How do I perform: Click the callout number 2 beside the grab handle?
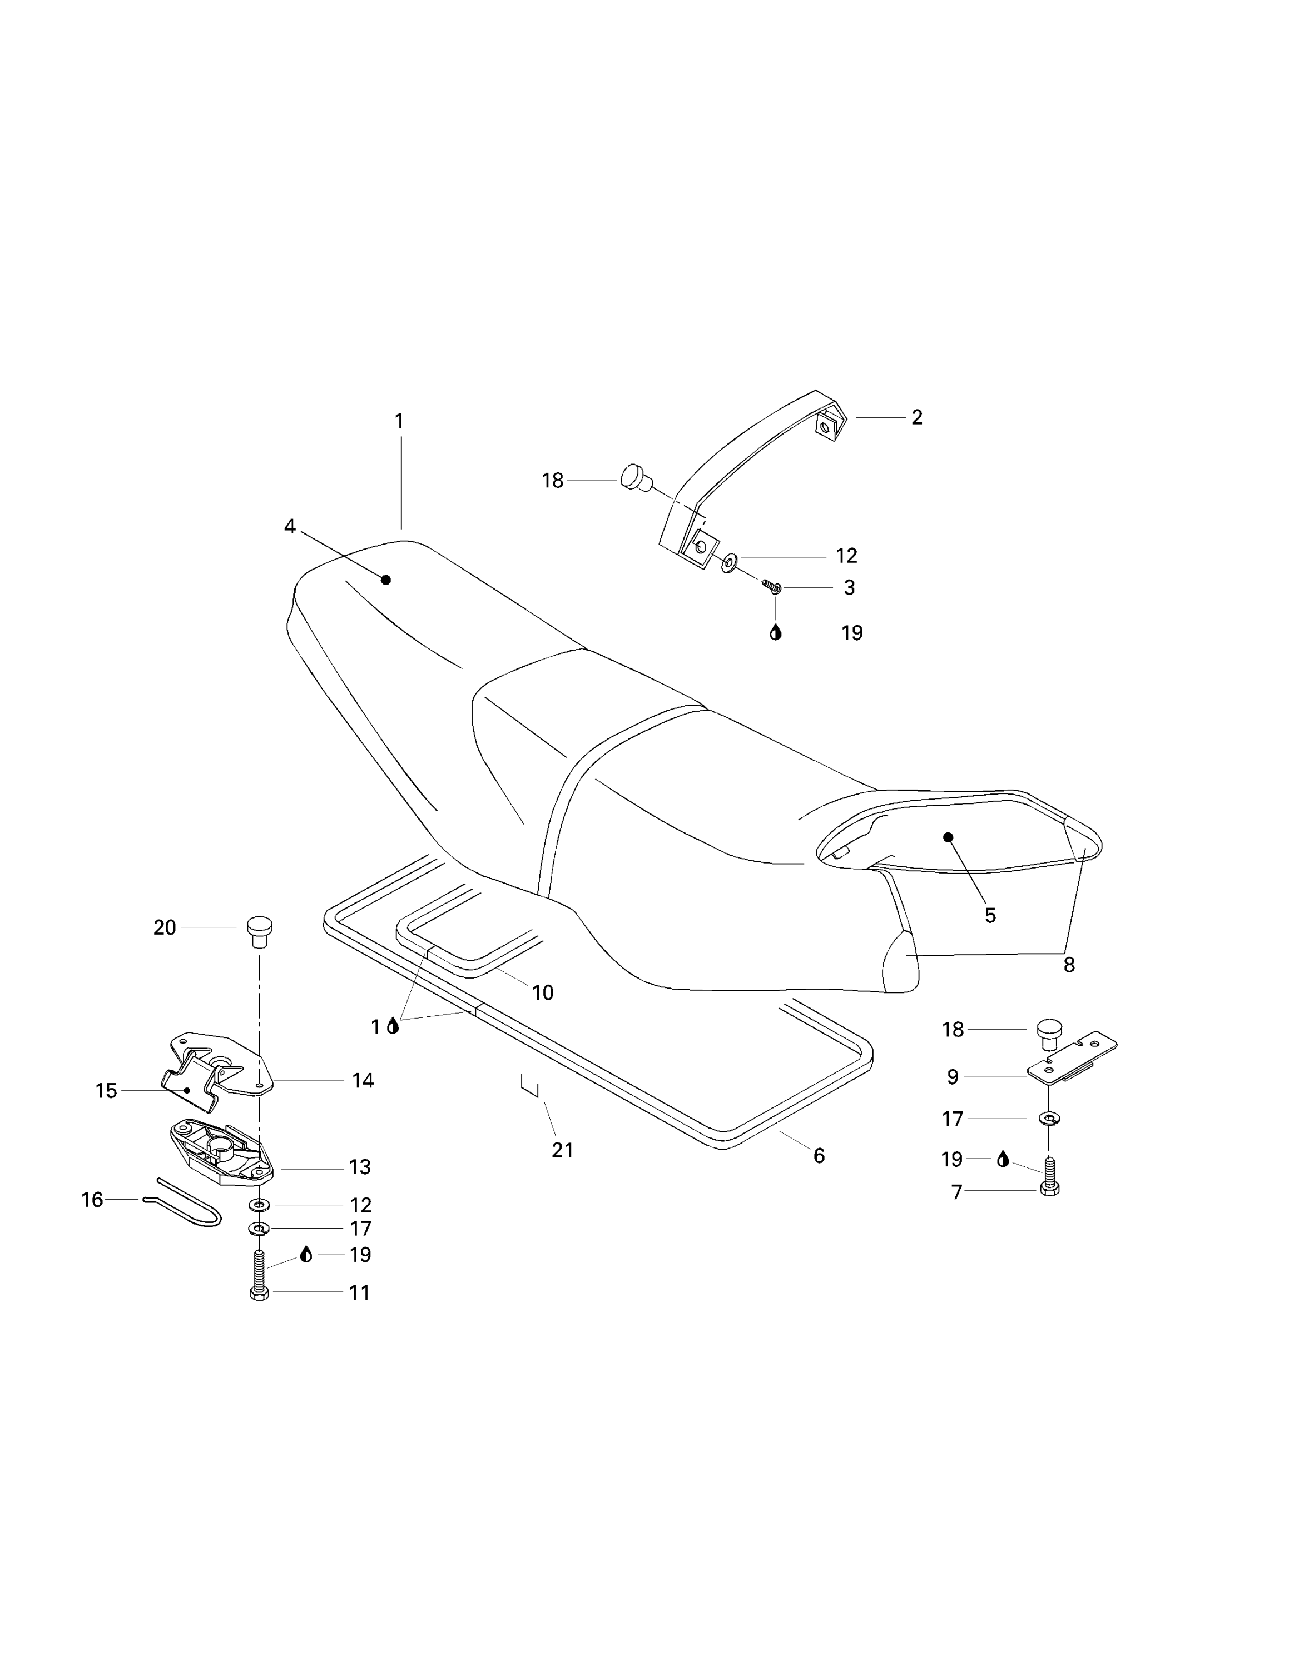(x=917, y=417)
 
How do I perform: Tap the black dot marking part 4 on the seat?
(x=385, y=580)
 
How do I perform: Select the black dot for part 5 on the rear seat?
(x=949, y=837)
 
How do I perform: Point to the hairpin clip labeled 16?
(x=184, y=1201)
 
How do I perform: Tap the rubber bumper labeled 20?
(x=259, y=931)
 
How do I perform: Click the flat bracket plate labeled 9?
(x=1072, y=1059)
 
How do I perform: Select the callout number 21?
(x=563, y=1150)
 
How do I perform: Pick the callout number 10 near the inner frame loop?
(x=542, y=992)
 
